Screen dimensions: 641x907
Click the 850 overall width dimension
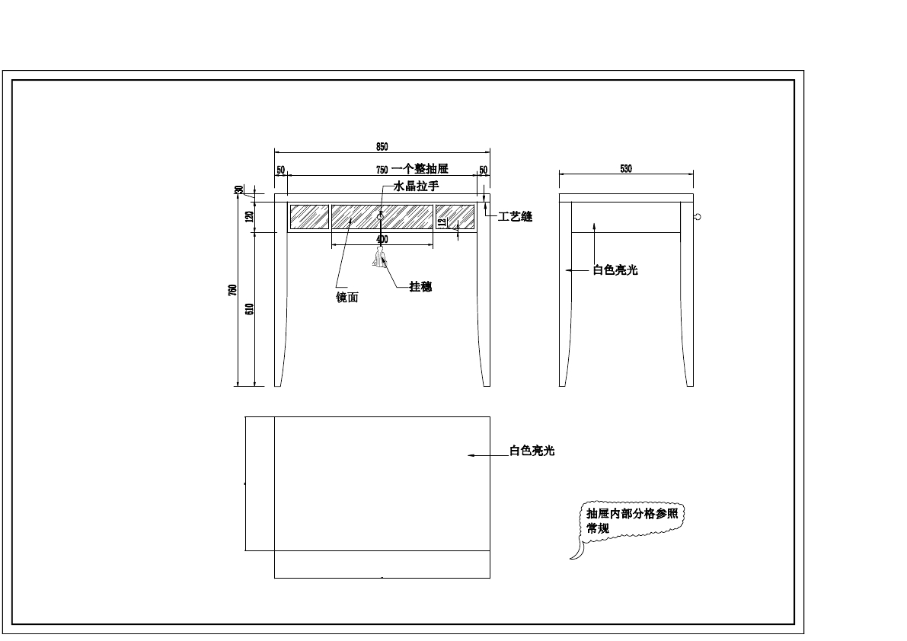[x=382, y=146]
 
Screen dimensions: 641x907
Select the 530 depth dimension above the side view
[x=626, y=168]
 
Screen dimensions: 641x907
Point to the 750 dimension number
[x=382, y=169]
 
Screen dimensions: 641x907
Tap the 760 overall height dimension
[x=233, y=290]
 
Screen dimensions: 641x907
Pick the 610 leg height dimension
[x=249, y=308]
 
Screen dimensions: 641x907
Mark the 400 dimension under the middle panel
[x=382, y=239]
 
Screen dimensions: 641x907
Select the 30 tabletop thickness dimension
[x=238, y=190]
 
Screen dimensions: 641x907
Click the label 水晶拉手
[x=416, y=186]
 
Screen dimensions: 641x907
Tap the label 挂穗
[x=420, y=287]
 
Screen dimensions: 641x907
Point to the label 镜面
[x=347, y=298]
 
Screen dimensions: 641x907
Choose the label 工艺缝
[x=515, y=217]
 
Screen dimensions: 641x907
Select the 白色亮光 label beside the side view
[x=615, y=269]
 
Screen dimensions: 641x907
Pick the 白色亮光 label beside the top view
[x=532, y=451]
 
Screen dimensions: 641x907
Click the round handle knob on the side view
[x=697, y=217]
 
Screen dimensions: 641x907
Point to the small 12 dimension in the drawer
[x=442, y=222]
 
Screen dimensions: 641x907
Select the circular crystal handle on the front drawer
[x=380, y=217]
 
